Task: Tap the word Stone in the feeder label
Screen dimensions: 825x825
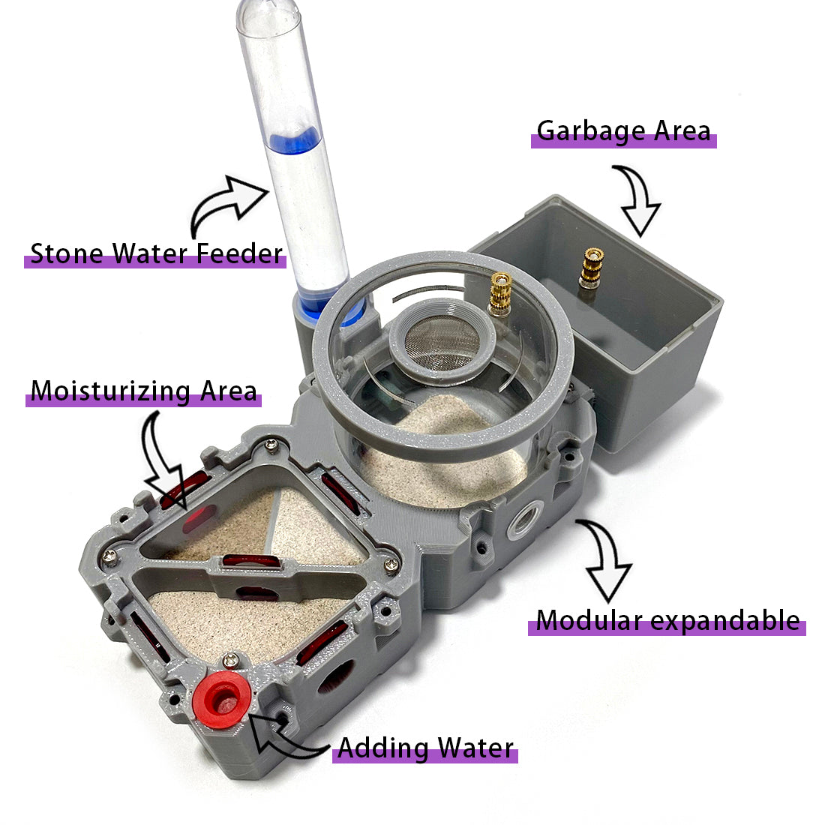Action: (66, 254)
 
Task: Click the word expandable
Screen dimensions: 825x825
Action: (725, 622)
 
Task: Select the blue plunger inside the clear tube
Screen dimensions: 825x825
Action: (295, 141)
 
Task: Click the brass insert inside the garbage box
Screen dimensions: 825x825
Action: (592, 268)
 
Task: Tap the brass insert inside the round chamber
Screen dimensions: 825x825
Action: (500, 293)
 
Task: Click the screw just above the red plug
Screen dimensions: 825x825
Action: (230, 658)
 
